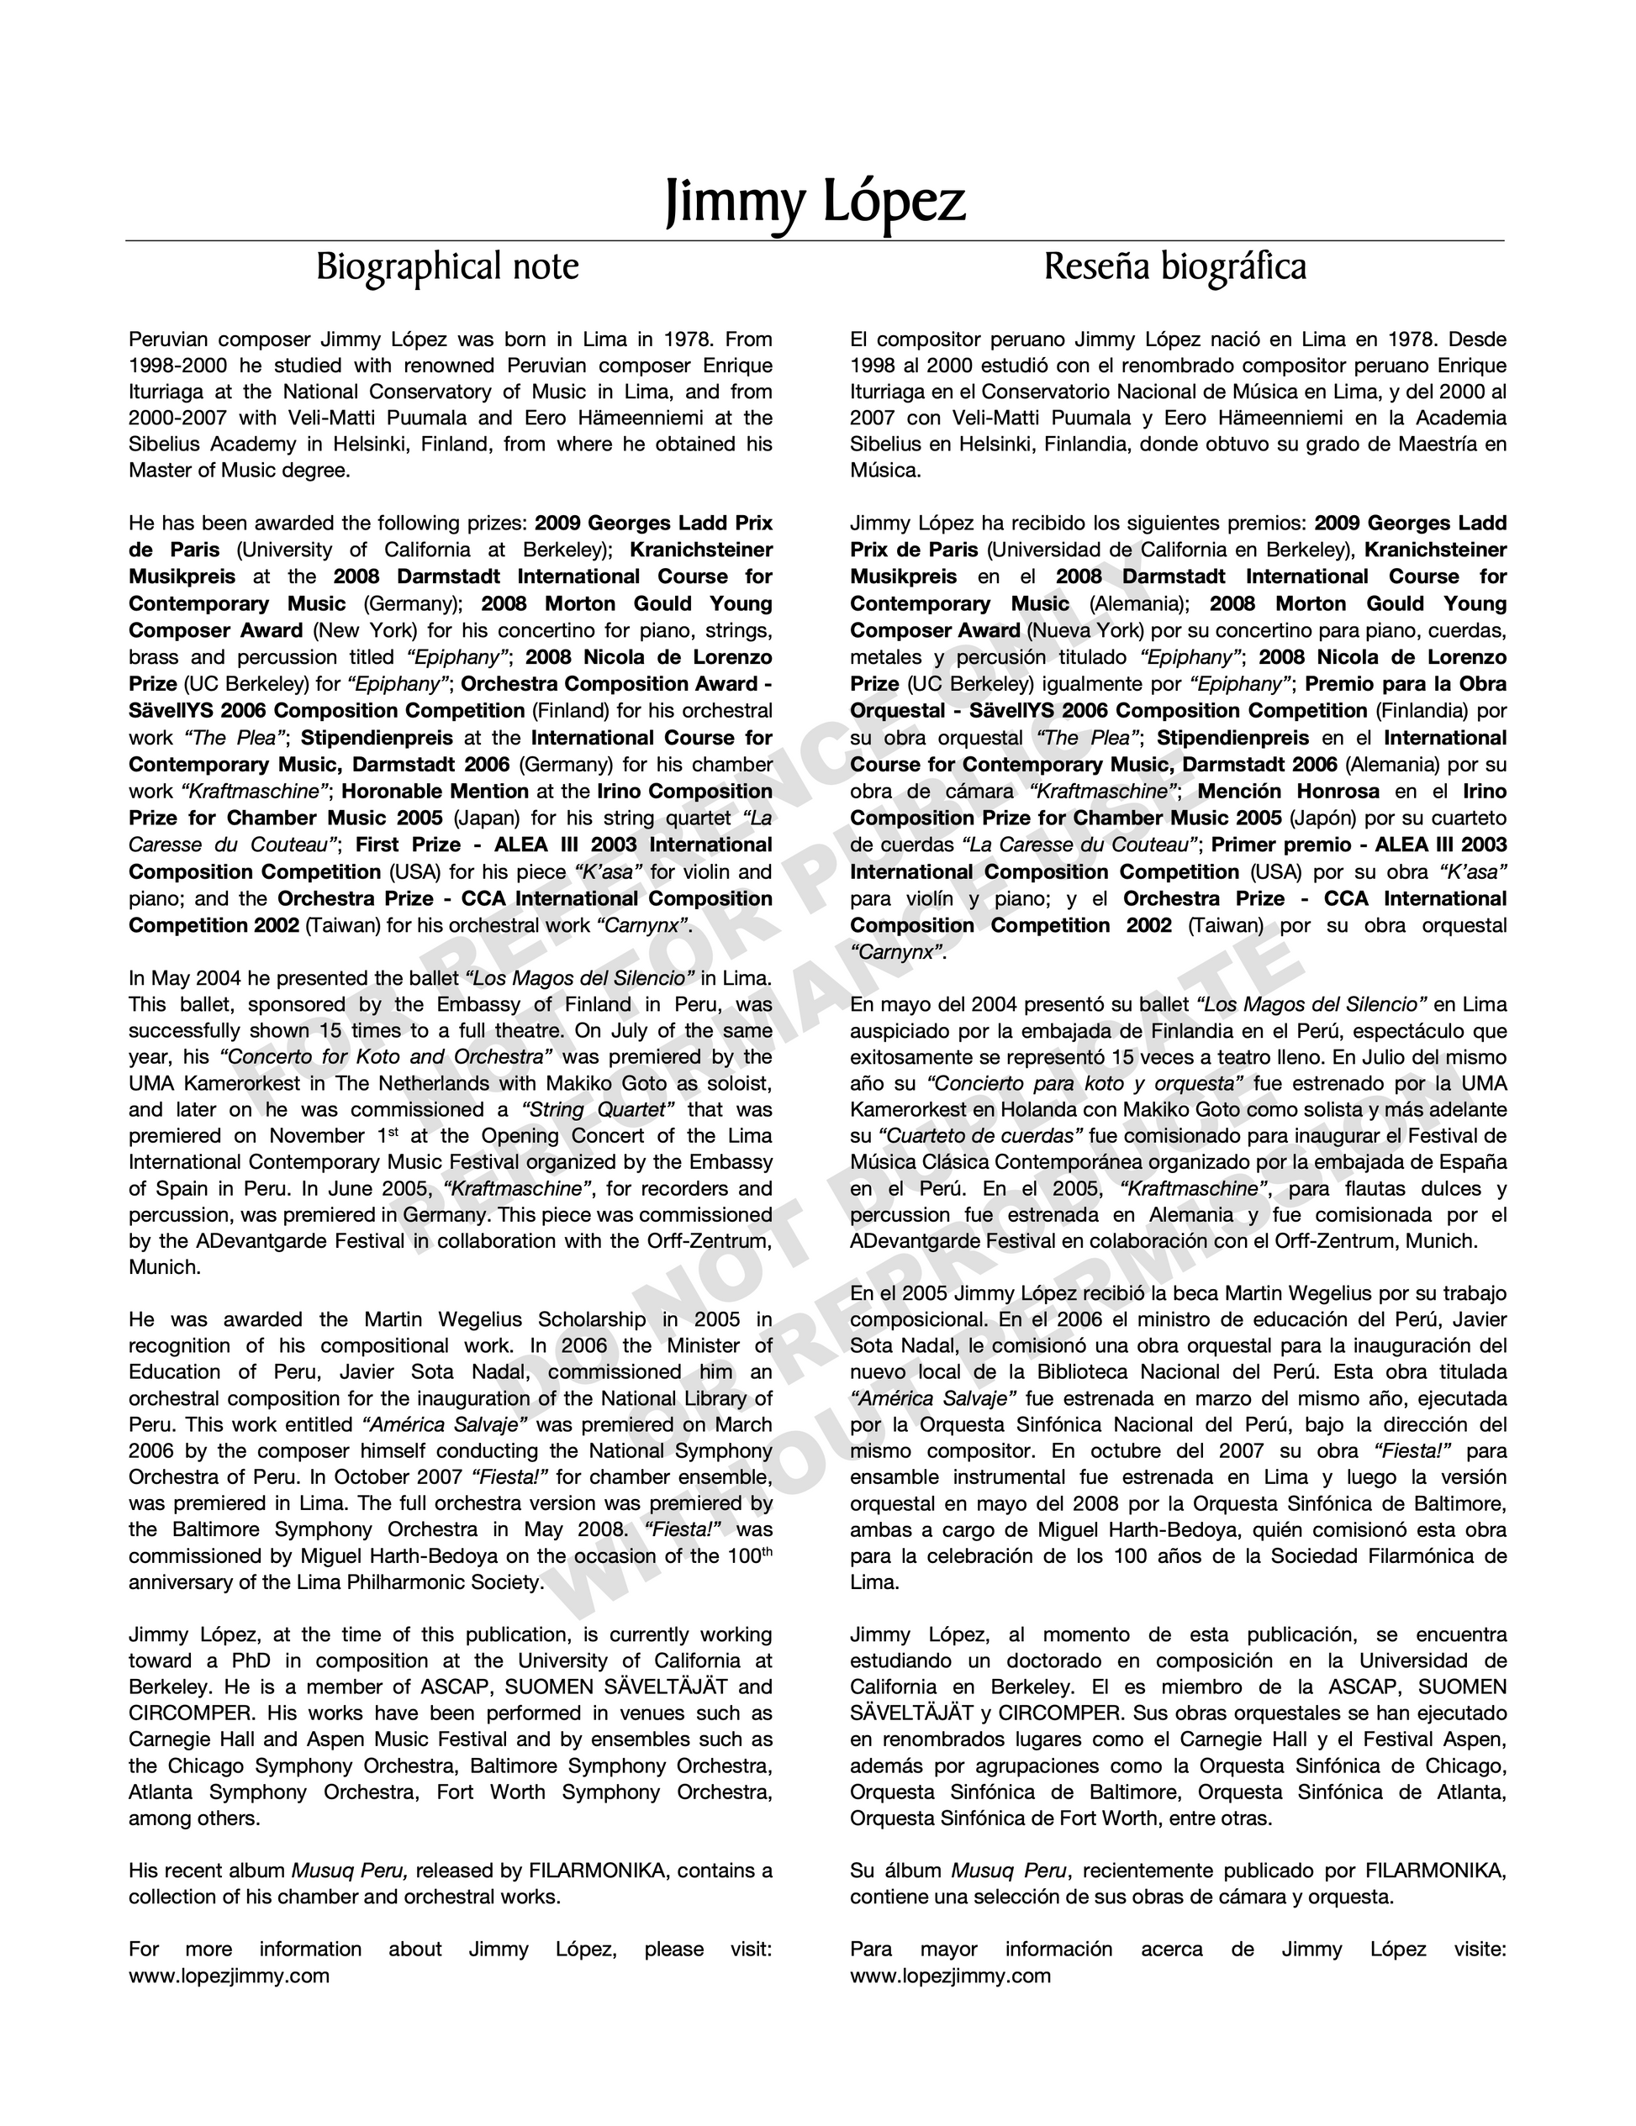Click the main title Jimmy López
815,202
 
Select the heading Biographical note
447,266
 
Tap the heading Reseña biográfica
1174,266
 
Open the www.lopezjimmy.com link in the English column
229,1976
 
